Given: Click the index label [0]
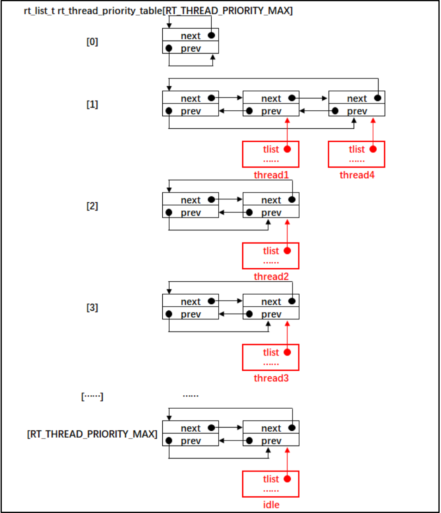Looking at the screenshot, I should pyautogui.click(x=92, y=42).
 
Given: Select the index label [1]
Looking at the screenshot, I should pyautogui.click(x=92, y=104).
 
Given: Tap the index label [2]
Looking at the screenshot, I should pyautogui.click(x=92, y=206).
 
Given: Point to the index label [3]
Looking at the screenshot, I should pyautogui.click(x=92, y=308).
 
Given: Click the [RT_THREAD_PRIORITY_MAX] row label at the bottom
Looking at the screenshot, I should pyautogui.click(x=92, y=435).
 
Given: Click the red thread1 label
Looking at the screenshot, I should pyautogui.click(x=271, y=175).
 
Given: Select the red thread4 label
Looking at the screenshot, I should pyautogui.click(x=356, y=175).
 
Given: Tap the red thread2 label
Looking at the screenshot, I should pyautogui.click(x=271, y=277).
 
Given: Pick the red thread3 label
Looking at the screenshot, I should pyautogui.click(x=271, y=378).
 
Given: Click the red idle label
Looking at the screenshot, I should pyautogui.click(x=271, y=505).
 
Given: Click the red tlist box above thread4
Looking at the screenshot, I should pyautogui.click(x=356, y=154).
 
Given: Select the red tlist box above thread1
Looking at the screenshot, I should pyautogui.click(x=271, y=154).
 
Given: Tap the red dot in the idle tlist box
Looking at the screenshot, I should pyautogui.click(x=287, y=479).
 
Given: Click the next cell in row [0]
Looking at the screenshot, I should pyautogui.click(x=190, y=36).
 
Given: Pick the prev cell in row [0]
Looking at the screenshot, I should pyautogui.click(x=190, y=48).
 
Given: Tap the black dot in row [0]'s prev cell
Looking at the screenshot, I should pyautogui.click(x=169, y=48).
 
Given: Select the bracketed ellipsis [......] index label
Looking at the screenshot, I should pyautogui.click(x=92, y=396).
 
